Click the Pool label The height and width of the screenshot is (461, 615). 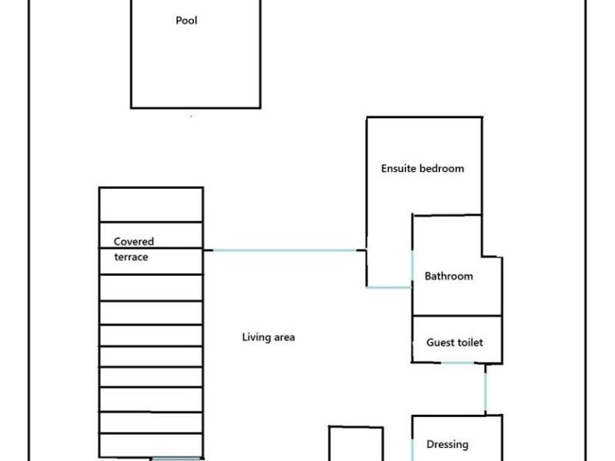pyautogui.click(x=186, y=20)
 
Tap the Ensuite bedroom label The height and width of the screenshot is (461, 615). pyautogui.click(x=422, y=168)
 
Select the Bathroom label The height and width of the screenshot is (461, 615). pyautogui.click(x=449, y=276)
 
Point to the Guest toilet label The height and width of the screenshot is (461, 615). pyautogui.click(x=455, y=342)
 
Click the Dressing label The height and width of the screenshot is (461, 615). pyautogui.click(x=447, y=445)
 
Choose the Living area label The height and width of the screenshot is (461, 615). pyautogui.click(x=268, y=337)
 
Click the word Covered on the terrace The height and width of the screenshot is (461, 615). pyautogui.click(x=134, y=241)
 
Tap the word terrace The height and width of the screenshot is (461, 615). pyautogui.click(x=131, y=257)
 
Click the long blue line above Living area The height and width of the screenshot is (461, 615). pyautogui.click(x=285, y=250)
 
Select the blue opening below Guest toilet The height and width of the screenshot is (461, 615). pyautogui.click(x=458, y=363)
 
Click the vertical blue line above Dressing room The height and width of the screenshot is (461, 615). pyautogui.click(x=485, y=391)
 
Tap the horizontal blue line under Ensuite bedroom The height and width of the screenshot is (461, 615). pyautogui.click(x=389, y=288)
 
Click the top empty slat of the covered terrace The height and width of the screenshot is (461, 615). pyautogui.click(x=151, y=205)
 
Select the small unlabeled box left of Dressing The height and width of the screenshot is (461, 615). pyautogui.click(x=356, y=443)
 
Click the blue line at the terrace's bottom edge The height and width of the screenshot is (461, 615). pyautogui.click(x=176, y=458)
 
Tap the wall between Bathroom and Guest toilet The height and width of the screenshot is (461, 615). pyautogui.click(x=458, y=315)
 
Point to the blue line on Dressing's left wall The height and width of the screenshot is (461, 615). pyautogui.click(x=412, y=449)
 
